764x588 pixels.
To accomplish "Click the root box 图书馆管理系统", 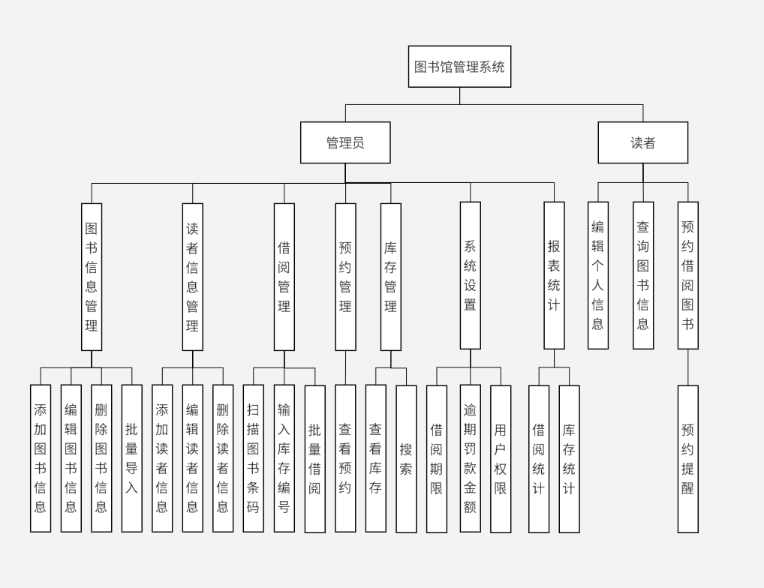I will click(x=459, y=67).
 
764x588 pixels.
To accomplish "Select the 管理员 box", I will click(x=345, y=142).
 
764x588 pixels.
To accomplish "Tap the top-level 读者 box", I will click(x=642, y=142).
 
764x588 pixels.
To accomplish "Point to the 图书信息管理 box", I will click(x=92, y=277).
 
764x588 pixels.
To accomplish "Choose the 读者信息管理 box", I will click(x=192, y=277).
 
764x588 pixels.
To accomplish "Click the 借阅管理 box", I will click(x=284, y=277).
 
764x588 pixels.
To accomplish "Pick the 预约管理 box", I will click(x=345, y=277).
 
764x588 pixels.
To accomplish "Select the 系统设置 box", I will click(x=471, y=275).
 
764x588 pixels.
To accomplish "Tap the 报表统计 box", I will click(x=554, y=275).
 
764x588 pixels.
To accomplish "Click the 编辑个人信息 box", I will click(x=598, y=275).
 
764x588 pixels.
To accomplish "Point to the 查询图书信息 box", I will click(x=643, y=275).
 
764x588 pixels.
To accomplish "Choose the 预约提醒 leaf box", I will click(x=687, y=459).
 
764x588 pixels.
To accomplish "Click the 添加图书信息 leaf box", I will click(x=41, y=458).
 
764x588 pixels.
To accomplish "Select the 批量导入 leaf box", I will click(x=131, y=458).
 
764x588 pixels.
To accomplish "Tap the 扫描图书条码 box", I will click(x=253, y=458).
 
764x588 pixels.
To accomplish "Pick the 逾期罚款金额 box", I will click(x=470, y=459).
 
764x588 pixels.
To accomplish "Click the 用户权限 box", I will click(x=501, y=459).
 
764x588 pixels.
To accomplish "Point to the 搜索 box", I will click(x=406, y=459).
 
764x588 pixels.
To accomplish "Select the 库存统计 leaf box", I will click(x=569, y=459).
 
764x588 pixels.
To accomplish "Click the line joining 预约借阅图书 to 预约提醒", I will click(x=687, y=367).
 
